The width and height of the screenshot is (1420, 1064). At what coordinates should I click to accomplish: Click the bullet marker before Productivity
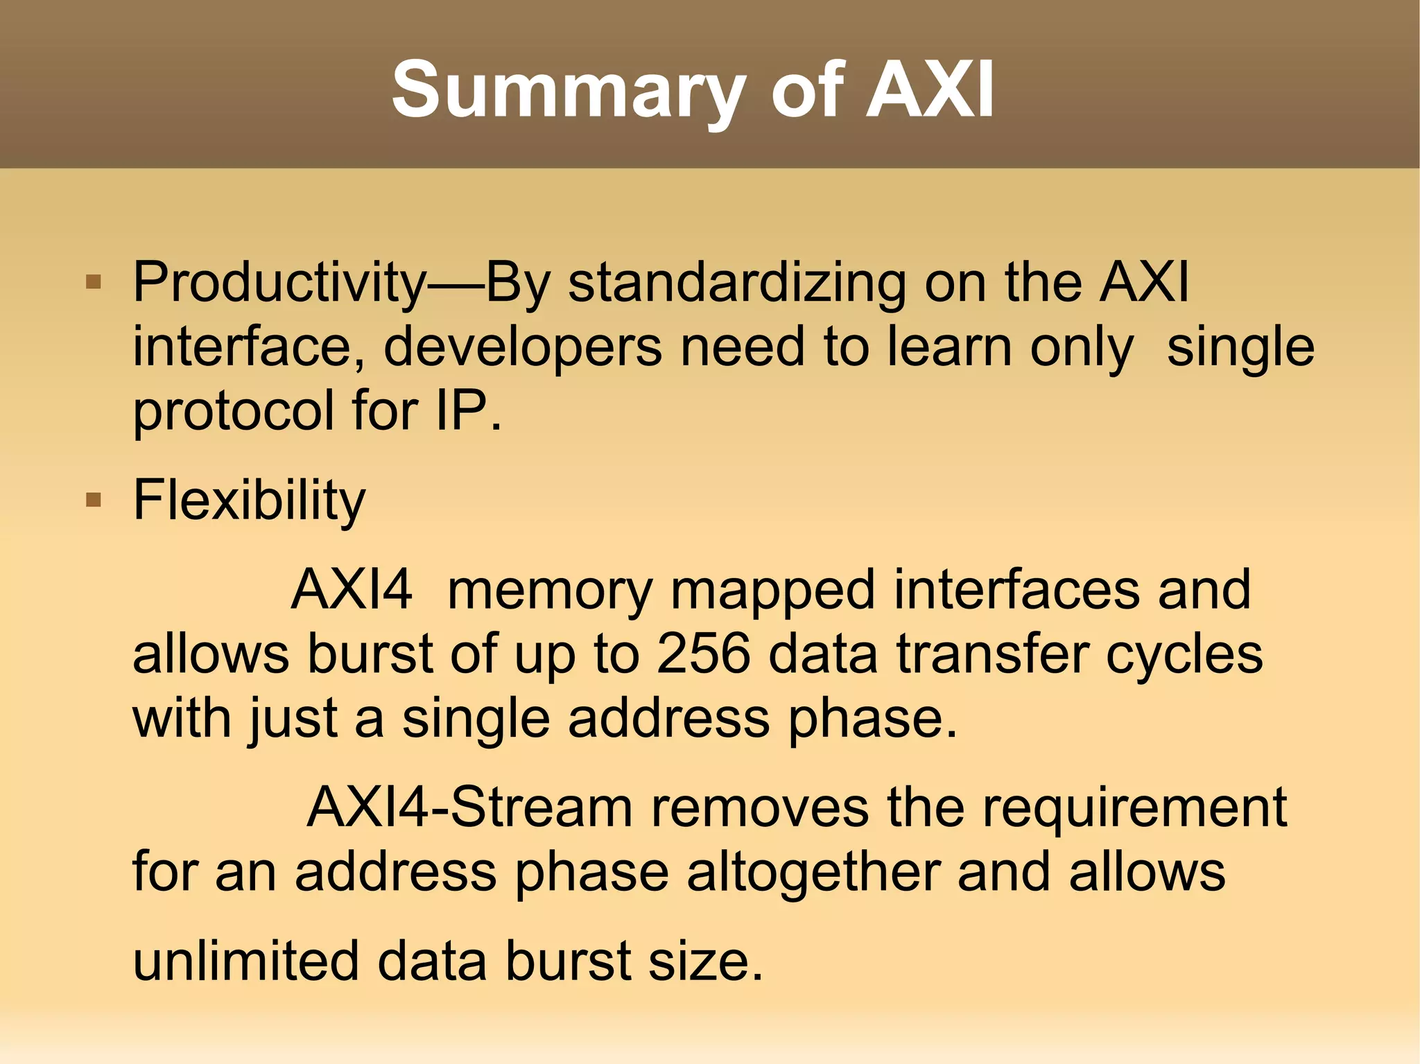point(94,282)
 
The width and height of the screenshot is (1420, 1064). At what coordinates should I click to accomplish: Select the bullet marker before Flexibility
point(94,499)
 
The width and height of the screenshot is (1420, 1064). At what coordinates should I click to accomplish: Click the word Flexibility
point(249,500)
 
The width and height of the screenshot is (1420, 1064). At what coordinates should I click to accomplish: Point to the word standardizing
point(736,282)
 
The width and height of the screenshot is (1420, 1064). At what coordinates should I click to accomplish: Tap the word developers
point(523,347)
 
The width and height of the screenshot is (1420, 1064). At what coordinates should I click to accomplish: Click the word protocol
point(233,410)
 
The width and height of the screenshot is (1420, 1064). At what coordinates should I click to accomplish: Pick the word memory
point(550,590)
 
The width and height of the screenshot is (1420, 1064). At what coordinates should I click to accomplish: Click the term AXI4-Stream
point(469,808)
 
